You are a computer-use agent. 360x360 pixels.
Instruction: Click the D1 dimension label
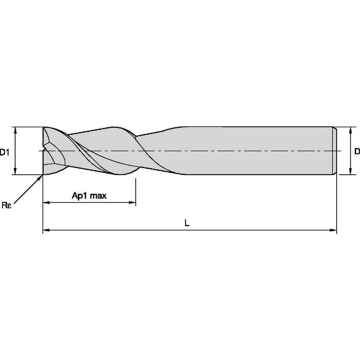tap(4, 152)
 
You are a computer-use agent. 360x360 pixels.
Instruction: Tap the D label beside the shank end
tap(356, 152)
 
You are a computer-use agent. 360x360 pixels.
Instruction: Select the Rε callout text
tap(6, 206)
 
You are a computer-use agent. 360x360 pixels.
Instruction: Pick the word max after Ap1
tap(99, 196)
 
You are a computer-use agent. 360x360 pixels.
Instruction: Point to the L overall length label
tap(186, 223)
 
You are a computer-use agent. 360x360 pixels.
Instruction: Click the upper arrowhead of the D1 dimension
tap(15, 130)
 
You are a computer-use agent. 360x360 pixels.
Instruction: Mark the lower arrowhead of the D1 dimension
tap(15, 172)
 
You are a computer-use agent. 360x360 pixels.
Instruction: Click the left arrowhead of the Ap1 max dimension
tap(46, 203)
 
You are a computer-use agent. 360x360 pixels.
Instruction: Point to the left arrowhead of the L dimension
tap(46, 229)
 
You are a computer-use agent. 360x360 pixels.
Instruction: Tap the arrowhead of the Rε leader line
tap(40, 177)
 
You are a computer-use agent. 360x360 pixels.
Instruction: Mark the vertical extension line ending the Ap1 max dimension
tap(136, 191)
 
